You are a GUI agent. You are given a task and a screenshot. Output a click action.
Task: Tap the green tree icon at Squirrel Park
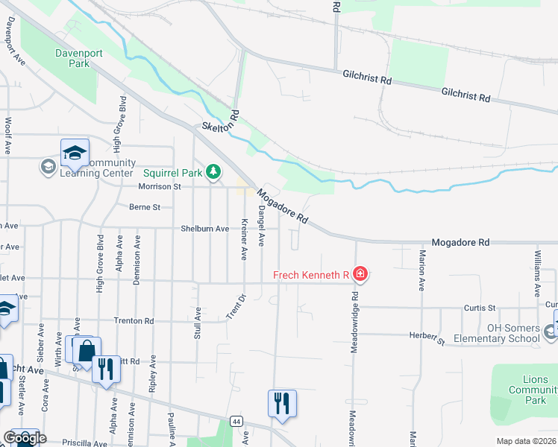(x=214, y=173)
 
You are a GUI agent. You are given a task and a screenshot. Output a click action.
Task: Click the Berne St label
(x=145, y=207)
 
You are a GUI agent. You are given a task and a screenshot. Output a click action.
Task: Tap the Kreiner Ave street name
(x=244, y=239)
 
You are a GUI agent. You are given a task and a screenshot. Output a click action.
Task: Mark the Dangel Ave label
(x=261, y=228)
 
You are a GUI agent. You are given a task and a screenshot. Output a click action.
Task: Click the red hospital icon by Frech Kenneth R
(x=360, y=275)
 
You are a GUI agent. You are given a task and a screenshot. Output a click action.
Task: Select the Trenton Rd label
(x=134, y=321)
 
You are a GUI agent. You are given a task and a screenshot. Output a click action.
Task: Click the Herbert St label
(x=427, y=338)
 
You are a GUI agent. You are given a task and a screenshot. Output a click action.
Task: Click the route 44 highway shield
(x=236, y=422)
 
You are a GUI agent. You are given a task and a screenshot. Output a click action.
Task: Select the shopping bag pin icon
(x=87, y=349)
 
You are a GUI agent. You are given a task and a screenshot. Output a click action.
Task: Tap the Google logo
(x=24, y=438)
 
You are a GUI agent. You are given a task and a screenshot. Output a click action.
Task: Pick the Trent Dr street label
(x=236, y=308)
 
